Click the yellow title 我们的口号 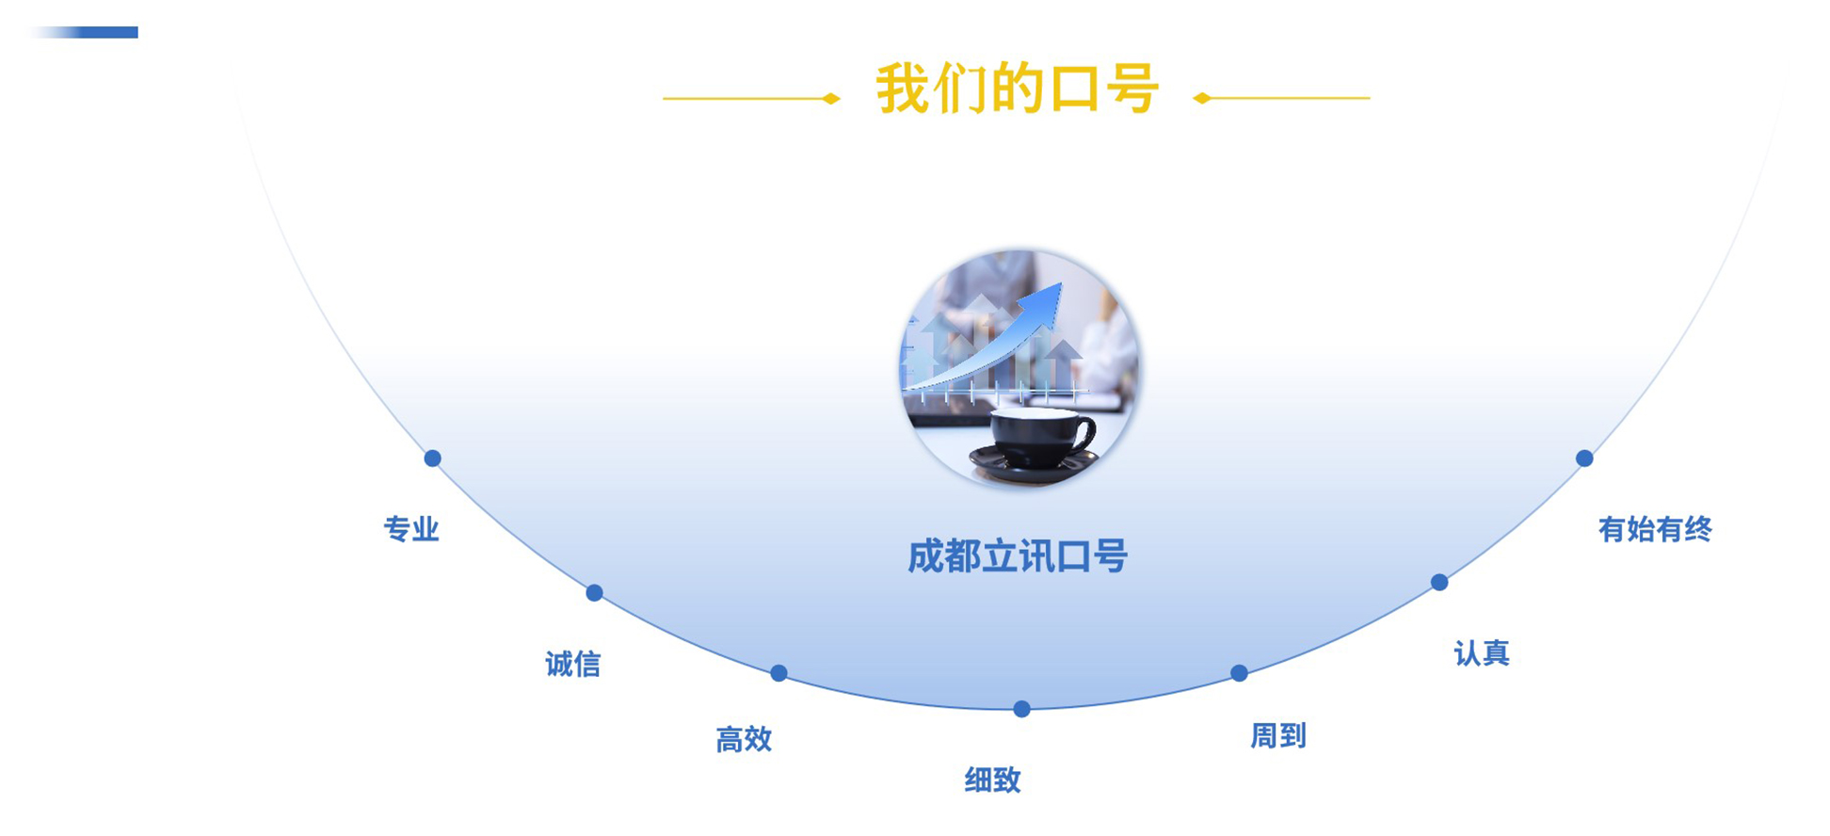[1017, 89]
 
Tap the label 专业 [411, 529]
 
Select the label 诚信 [572, 665]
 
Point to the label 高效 [744, 740]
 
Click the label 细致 [992, 780]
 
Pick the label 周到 [1277, 736]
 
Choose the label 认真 [1482, 653]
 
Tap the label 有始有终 [1655, 530]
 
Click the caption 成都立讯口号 [1018, 556]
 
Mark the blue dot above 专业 [432, 458]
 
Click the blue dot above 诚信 [594, 593]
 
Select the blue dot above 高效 [779, 673]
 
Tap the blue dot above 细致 [1021, 709]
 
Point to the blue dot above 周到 [1239, 673]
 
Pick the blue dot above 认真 [1439, 583]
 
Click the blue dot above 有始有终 [1584, 458]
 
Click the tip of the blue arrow [1061, 283]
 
